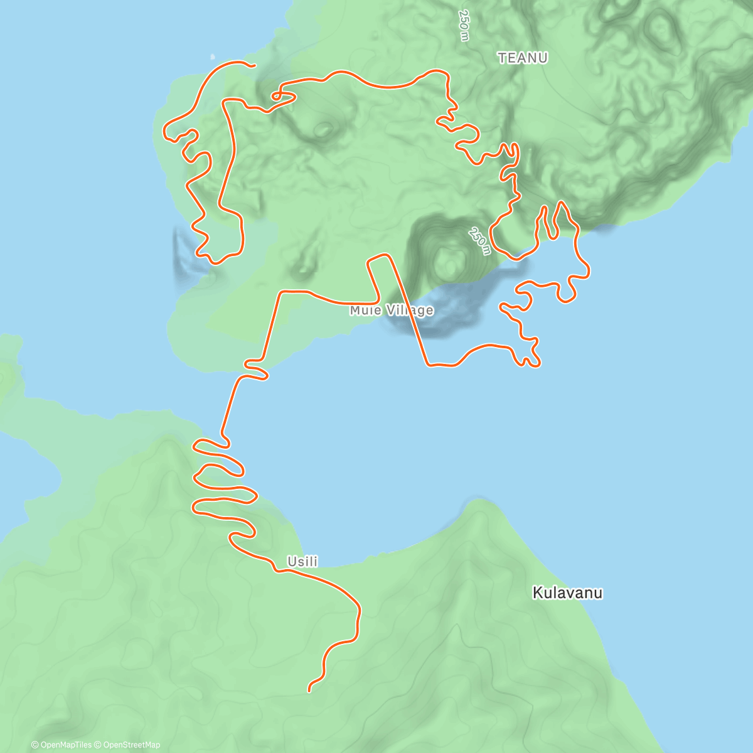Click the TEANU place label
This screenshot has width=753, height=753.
coord(522,58)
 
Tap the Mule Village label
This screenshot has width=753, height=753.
coord(392,310)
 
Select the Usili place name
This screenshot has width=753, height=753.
coord(302,562)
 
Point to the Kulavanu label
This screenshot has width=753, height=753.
coord(567,592)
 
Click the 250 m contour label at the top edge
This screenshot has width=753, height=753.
coord(464,25)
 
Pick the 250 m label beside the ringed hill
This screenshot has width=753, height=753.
coord(479,241)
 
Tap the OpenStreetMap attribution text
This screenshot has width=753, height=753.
coord(131,745)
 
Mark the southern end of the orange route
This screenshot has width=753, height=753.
coord(309,691)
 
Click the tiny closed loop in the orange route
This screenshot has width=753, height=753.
coord(275,96)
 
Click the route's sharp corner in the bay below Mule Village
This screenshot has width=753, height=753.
coord(429,364)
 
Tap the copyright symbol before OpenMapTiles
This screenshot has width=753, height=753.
coord(35,745)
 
